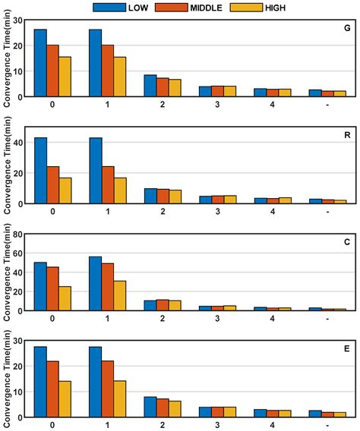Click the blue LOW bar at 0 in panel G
tap(40, 64)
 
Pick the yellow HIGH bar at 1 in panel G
tap(119, 77)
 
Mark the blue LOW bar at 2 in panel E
tap(150, 407)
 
